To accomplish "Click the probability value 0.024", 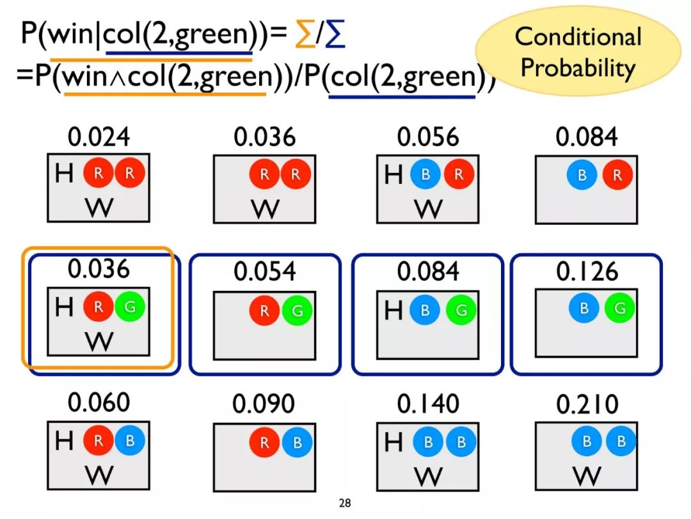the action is point(99,137).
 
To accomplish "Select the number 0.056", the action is point(428,137).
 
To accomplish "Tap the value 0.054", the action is point(264,272).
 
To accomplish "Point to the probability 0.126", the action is point(587,272).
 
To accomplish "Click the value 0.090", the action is point(264,404).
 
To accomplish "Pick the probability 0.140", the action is point(428,404).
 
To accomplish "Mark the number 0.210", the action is point(587,404).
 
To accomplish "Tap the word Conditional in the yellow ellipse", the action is point(578,37).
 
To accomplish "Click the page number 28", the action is point(345,503).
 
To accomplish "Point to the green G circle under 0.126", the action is point(619,309).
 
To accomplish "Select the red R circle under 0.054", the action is point(264,311).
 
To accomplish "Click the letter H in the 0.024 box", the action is point(64,173).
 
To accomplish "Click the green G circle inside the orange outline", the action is point(130,307).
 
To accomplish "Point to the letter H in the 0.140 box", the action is point(393,441).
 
